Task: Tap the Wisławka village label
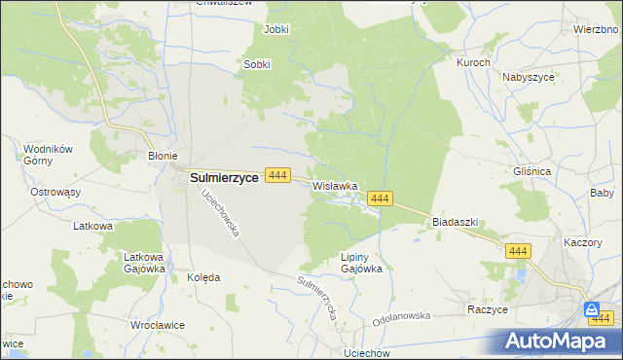[x=336, y=185]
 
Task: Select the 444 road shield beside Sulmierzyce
[x=278, y=175]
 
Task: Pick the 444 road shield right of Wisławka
[x=380, y=198]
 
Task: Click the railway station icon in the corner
[x=592, y=310]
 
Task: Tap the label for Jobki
[x=276, y=29]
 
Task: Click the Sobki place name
[x=256, y=65]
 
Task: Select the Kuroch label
[x=473, y=61]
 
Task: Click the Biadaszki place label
[x=455, y=222]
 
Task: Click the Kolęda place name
[x=203, y=277]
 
